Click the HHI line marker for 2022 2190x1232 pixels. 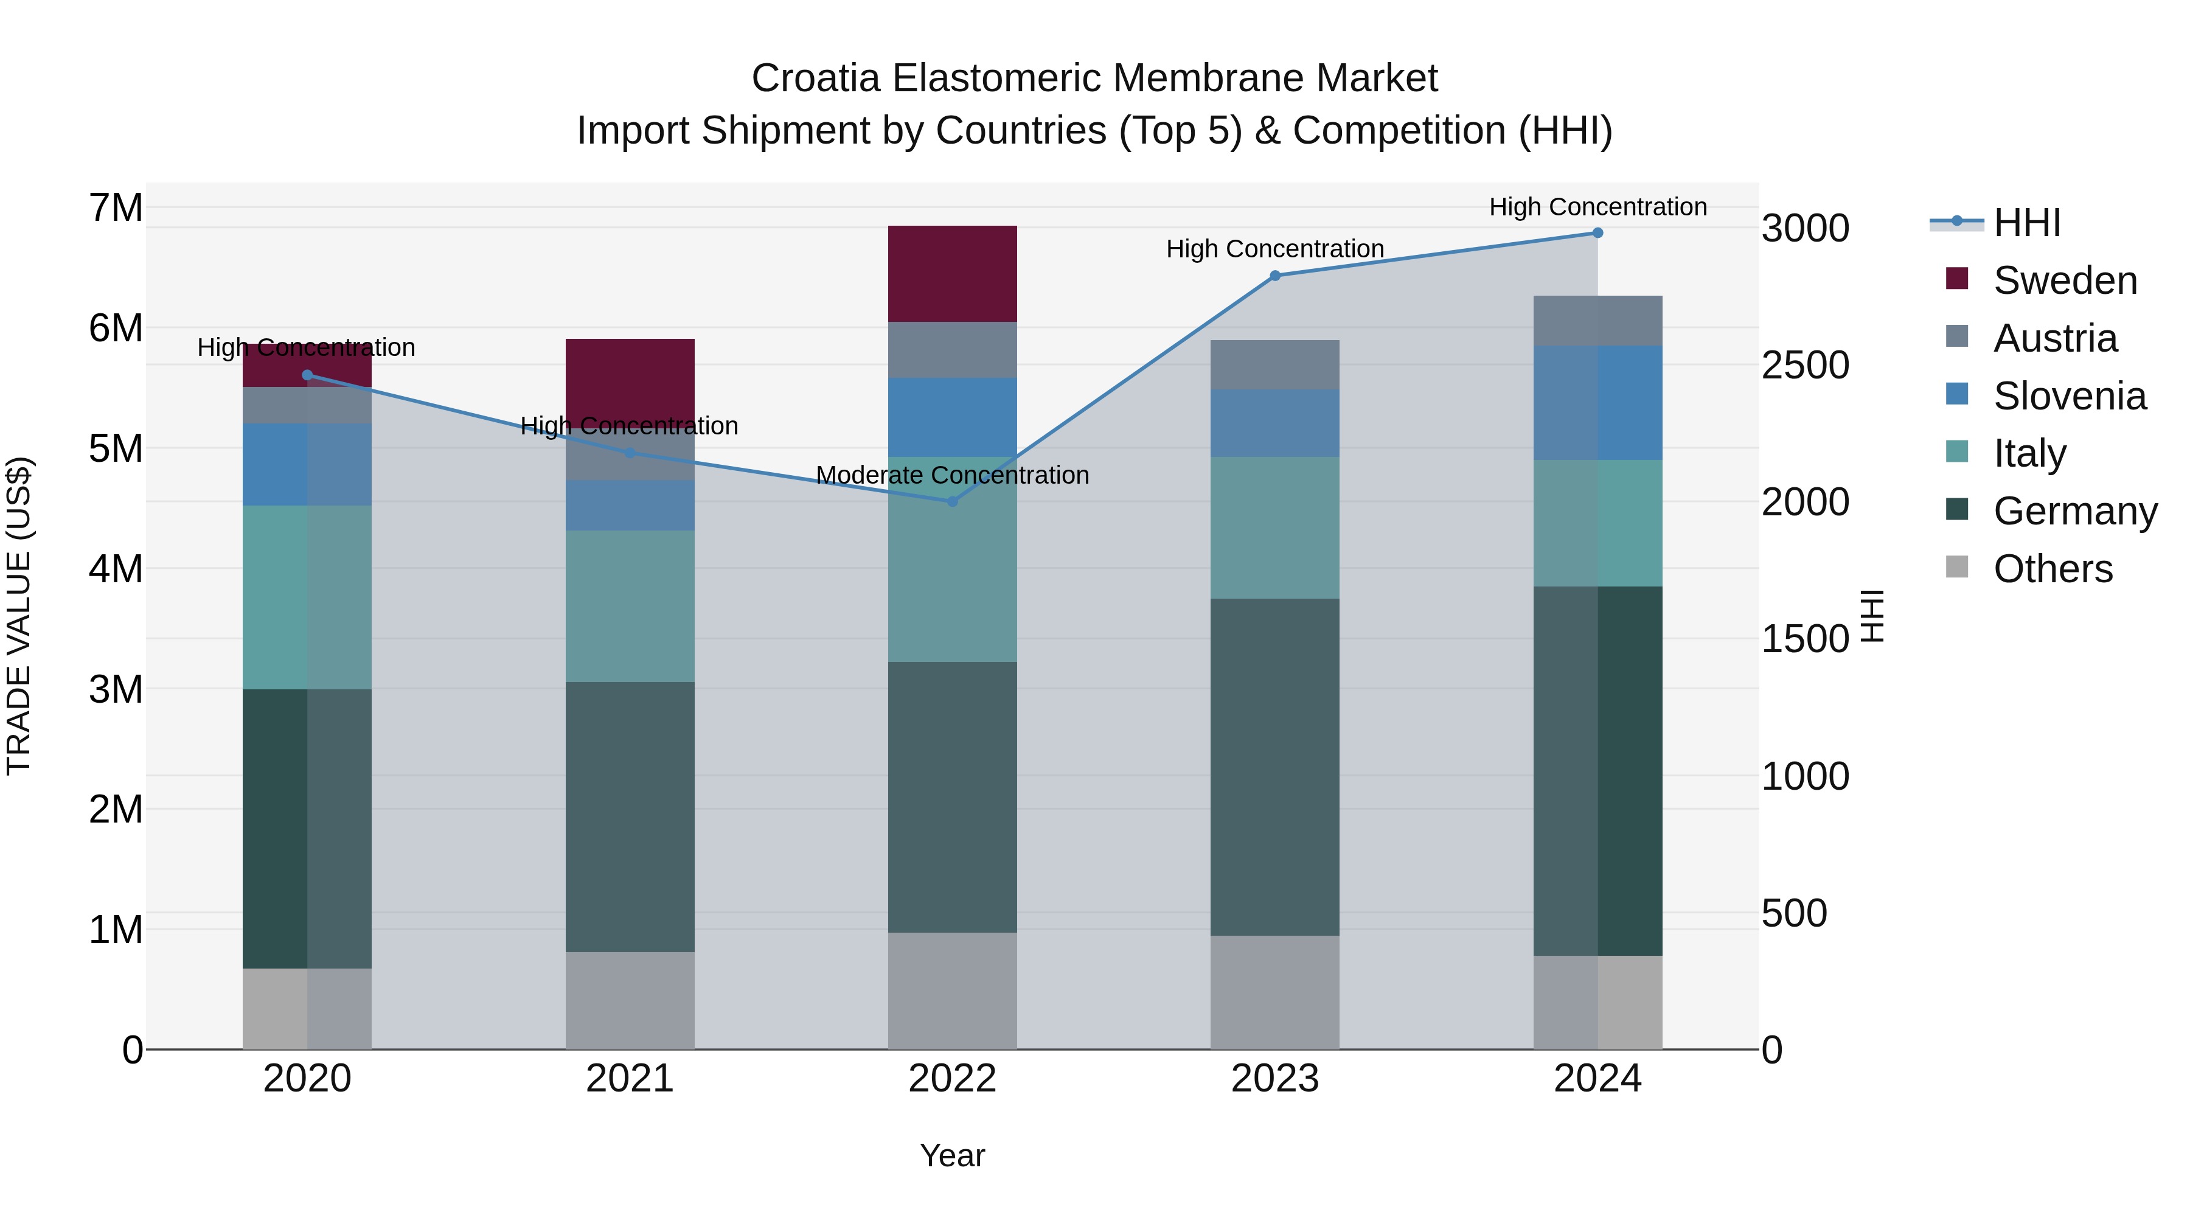pyautogui.click(x=952, y=502)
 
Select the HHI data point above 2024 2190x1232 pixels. pyautogui.click(x=1597, y=233)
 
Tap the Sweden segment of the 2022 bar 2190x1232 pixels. pyautogui.click(x=952, y=274)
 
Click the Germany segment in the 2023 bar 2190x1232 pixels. pyautogui.click(x=1274, y=767)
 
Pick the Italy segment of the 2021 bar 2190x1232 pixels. pyautogui.click(x=630, y=606)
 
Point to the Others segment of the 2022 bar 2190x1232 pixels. pyautogui.click(x=952, y=992)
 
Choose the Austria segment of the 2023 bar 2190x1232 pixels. pyautogui.click(x=1274, y=365)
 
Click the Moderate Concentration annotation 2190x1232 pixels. pyautogui.click(x=952, y=475)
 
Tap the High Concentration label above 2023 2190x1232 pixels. pyautogui.click(x=1274, y=249)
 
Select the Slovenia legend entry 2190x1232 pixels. pyautogui.click(x=2070, y=396)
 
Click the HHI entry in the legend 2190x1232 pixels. pyautogui.click(x=2027, y=223)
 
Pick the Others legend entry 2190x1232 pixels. pyautogui.click(x=2053, y=569)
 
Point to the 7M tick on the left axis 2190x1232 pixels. pyautogui.click(x=116, y=208)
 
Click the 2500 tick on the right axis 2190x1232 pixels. pyautogui.click(x=1805, y=366)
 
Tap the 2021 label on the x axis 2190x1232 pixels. pyautogui.click(x=630, y=1079)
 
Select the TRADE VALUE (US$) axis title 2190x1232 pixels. pyautogui.click(x=19, y=616)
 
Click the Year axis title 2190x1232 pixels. pyautogui.click(x=952, y=1155)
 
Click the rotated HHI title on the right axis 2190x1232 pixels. pyautogui.click(x=1873, y=616)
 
